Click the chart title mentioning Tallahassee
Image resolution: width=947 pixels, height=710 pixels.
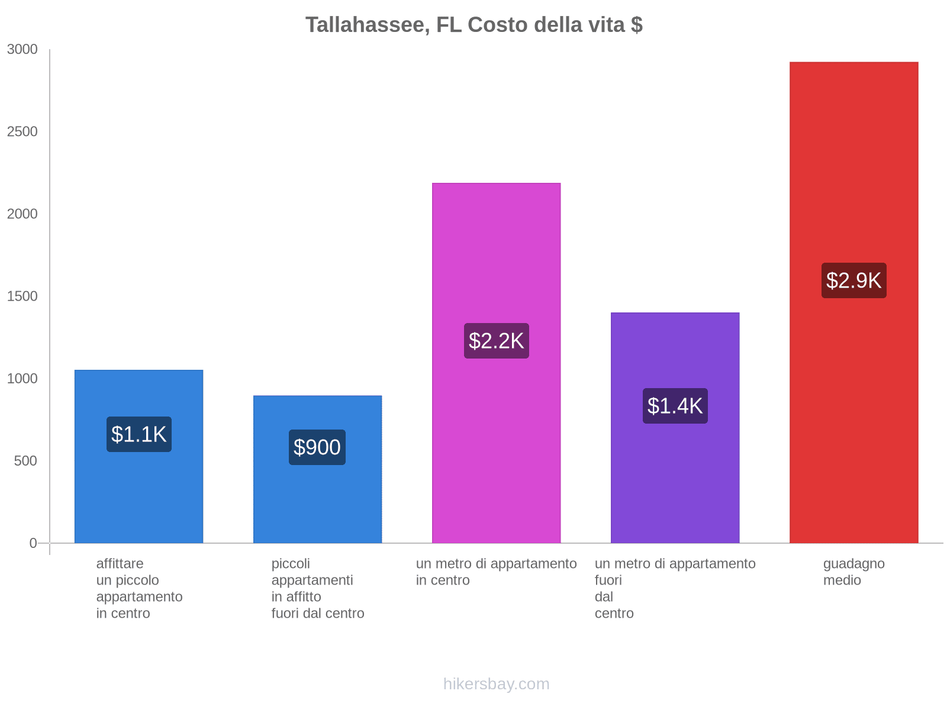point(474,25)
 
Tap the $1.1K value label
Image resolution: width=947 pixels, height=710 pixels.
point(139,434)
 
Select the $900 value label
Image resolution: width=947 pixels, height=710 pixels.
point(317,447)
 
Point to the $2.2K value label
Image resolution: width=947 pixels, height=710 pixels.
point(496,341)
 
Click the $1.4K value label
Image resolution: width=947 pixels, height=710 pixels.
point(675,406)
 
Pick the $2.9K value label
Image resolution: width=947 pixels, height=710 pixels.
point(853,280)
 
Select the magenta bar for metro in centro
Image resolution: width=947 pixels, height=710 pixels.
point(496,248)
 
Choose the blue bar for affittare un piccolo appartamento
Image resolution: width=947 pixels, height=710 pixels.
point(139,497)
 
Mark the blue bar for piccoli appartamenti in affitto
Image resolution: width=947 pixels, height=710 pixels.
point(317,503)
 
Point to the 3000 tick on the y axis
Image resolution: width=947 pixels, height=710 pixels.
point(22,50)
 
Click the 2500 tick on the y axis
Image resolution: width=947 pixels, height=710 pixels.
point(22,132)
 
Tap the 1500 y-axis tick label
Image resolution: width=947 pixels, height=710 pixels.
point(22,296)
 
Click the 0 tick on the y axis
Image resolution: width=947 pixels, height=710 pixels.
point(33,543)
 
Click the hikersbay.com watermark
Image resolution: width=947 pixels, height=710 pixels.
point(496,684)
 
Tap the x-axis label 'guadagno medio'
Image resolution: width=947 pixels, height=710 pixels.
point(853,572)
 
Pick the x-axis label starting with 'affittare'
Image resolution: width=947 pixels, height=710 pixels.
point(139,588)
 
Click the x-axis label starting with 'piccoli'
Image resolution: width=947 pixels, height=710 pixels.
point(317,588)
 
